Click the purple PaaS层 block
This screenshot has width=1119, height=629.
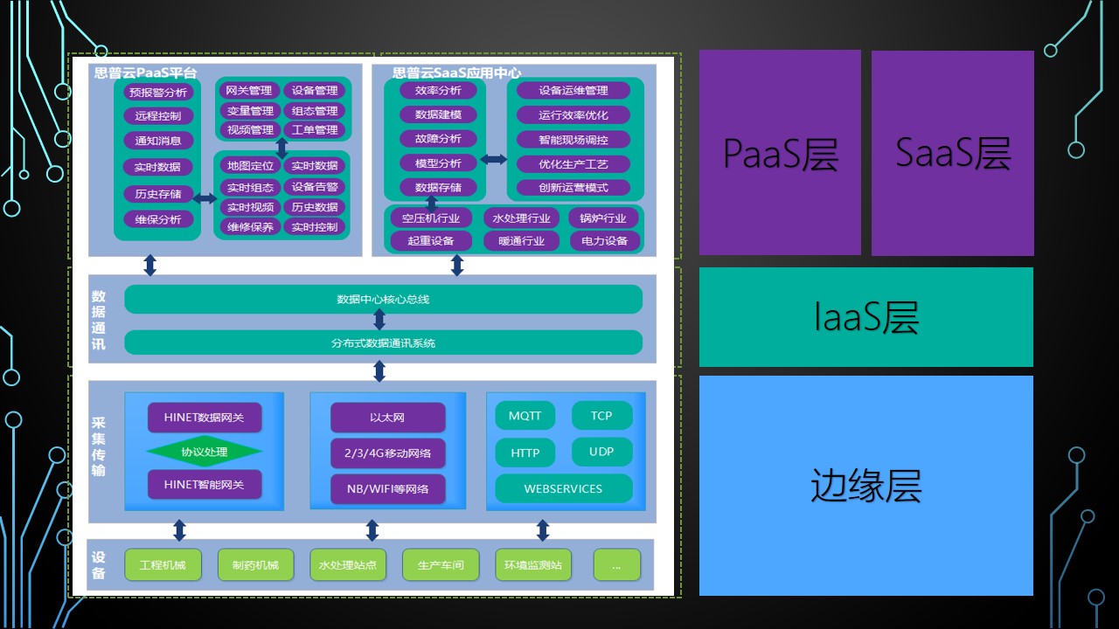[x=780, y=153]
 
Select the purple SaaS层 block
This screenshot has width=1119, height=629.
[x=953, y=153]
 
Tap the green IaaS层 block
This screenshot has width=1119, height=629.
[x=865, y=317]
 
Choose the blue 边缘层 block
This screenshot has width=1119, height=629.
[x=865, y=486]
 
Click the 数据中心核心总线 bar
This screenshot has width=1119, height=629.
[x=383, y=300]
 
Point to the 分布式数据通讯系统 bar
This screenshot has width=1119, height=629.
[x=383, y=342]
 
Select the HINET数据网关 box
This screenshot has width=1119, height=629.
[x=204, y=418]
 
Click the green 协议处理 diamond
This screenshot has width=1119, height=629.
[x=204, y=452]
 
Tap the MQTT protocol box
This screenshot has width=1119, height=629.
[x=525, y=416]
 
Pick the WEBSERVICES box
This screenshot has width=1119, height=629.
[x=563, y=488]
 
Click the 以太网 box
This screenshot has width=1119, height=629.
[x=387, y=418]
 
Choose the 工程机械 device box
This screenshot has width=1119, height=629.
[x=163, y=565]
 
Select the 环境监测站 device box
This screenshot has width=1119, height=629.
[x=532, y=565]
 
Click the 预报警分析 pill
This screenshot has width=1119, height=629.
[x=157, y=92]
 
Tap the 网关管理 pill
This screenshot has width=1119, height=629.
[x=249, y=90]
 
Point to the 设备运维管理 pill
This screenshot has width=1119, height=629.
[x=573, y=90]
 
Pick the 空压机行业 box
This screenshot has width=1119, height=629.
[x=431, y=218]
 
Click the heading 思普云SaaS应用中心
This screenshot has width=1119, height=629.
[x=456, y=73]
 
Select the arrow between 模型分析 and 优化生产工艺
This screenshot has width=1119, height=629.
[x=493, y=160]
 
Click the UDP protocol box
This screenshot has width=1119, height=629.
[x=601, y=452]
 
